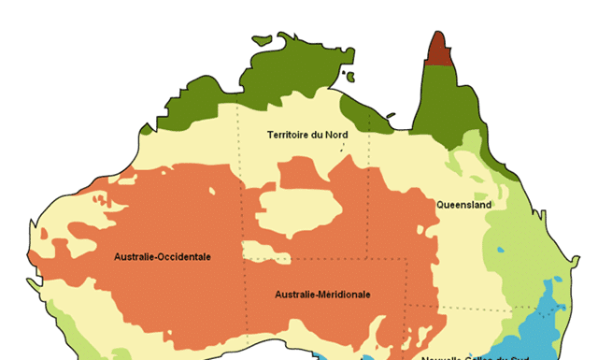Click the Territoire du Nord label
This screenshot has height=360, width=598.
point(307,135)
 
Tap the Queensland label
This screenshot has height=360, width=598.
point(463,204)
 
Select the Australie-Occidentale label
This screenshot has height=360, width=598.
point(163,256)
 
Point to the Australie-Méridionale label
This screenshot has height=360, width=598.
point(322,295)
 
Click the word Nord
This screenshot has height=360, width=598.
point(336,135)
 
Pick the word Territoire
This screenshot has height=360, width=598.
point(289,135)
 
